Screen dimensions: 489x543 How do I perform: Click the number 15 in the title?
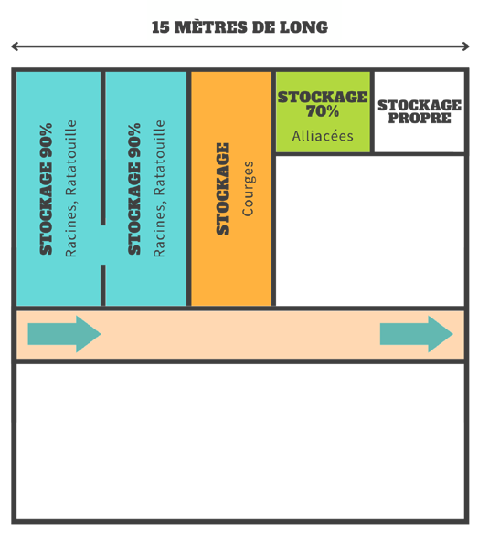[x=161, y=27]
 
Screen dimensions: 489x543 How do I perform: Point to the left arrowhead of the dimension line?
[x=15, y=47]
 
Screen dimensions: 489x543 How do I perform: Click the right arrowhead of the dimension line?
[x=466, y=47]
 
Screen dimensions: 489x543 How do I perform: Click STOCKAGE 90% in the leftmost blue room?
[x=46, y=189]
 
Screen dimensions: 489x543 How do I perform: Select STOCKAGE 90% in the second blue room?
[x=134, y=189]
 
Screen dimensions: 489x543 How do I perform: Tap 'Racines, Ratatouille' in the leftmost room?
[x=70, y=188]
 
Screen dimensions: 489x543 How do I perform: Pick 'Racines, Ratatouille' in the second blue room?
[x=159, y=188]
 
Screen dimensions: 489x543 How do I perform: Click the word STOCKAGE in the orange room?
[x=222, y=189]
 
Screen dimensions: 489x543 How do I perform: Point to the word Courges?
[x=248, y=189]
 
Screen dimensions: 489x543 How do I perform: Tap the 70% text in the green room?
[x=322, y=111]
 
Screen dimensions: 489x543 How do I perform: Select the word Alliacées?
[x=323, y=136]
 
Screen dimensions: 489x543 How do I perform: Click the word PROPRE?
[x=420, y=118]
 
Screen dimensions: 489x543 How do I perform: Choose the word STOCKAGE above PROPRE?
[x=420, y=105]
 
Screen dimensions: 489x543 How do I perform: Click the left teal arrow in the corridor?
[x=64, y=334]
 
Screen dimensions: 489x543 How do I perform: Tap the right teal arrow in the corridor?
[x=417, y=334]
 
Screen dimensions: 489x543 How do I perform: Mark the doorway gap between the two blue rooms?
[x=102, y=245]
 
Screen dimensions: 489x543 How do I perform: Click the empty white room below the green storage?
[x=369, y=231]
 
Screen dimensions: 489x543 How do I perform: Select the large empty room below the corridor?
[x=240, y=442]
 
